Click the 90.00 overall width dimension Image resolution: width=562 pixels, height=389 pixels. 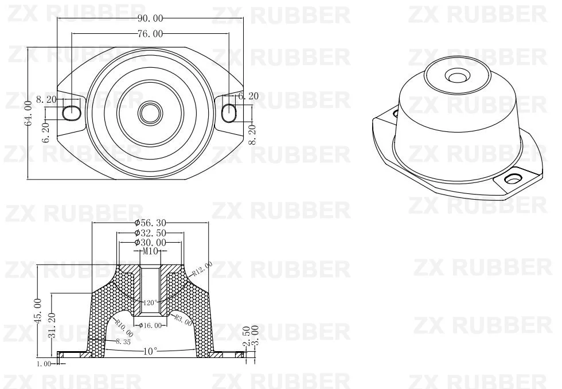150,18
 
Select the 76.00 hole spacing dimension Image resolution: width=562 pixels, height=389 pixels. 150,34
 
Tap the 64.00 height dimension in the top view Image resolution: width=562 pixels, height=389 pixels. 28,114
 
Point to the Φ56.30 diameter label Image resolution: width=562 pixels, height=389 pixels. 150,223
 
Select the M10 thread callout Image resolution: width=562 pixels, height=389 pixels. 150,252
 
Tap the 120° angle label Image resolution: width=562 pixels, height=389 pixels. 151,302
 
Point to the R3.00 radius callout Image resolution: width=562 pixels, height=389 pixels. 183,320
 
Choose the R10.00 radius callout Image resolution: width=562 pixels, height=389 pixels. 124,328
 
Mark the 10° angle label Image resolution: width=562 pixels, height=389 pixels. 150,351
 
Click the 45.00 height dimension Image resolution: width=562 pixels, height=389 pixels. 38,311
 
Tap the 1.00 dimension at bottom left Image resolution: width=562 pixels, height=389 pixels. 44,363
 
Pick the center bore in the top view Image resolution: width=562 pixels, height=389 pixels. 151,111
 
